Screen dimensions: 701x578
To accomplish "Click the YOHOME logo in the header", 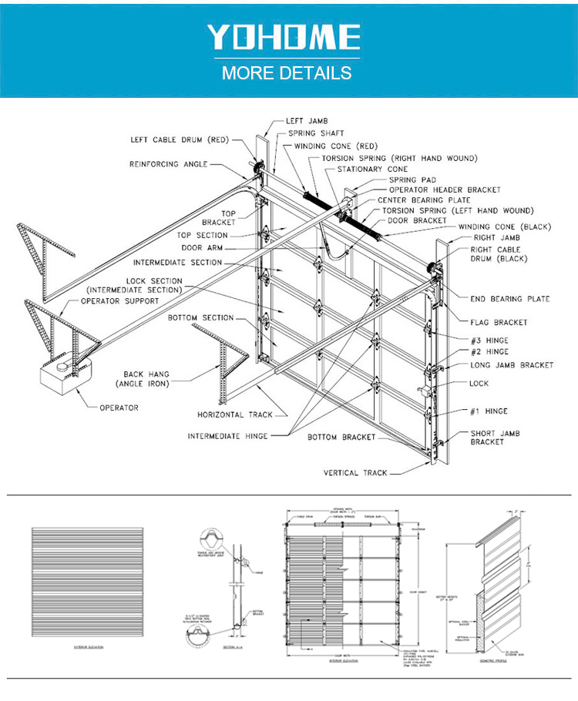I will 283,38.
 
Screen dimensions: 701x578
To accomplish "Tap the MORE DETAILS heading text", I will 287,74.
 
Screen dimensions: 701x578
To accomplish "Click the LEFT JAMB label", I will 305,121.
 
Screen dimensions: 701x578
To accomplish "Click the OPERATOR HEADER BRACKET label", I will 445,190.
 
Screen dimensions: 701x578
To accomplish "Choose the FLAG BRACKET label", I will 499,322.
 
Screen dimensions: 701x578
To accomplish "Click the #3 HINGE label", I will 489,340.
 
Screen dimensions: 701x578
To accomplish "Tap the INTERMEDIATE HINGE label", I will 227,436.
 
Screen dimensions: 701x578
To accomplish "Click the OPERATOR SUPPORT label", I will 122,301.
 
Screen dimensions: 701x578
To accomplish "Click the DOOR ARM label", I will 202,248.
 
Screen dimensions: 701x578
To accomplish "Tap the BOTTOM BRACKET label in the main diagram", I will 341,438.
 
